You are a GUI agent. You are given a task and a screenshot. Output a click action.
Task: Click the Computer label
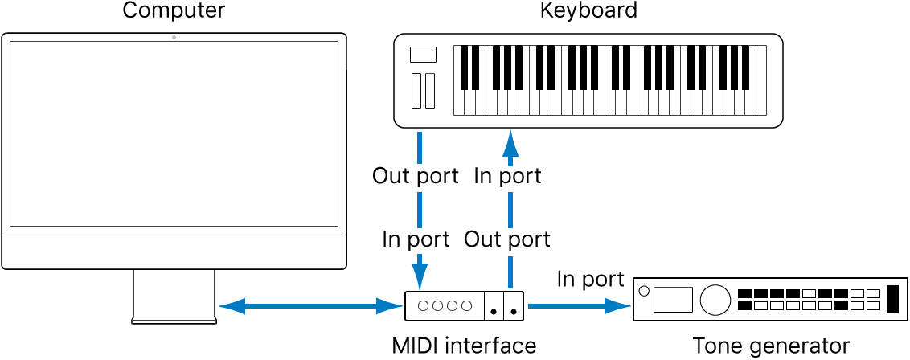click(174, 10)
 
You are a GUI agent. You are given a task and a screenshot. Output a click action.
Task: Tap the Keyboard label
click(588, 10)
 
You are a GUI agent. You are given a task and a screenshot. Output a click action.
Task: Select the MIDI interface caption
click(464, 346)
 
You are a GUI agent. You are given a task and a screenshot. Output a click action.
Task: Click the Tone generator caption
click(771, 346)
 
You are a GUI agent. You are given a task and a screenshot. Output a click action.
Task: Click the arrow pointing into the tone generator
click(580, 305)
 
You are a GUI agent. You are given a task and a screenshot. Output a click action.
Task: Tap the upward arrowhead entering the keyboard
click(509, 145)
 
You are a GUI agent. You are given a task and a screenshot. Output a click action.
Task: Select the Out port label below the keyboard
click(416, 175)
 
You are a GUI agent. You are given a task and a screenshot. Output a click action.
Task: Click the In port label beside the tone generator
click(590, 279)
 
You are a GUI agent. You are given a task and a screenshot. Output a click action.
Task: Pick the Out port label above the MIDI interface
click(507, 239)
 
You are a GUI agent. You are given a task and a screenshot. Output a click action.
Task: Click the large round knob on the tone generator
click(711, 300)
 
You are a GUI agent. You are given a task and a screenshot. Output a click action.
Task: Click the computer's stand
click(174, 296)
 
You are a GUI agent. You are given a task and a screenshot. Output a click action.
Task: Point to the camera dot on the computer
click(174, 38)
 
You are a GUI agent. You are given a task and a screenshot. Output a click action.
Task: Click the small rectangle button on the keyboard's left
click(423, 55)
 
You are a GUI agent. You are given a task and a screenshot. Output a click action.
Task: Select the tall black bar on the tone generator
click(893, 300)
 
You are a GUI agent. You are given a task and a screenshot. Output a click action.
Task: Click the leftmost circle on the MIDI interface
click(424, 305)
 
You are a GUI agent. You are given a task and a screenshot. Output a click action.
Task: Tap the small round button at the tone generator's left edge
click(642, 290)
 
